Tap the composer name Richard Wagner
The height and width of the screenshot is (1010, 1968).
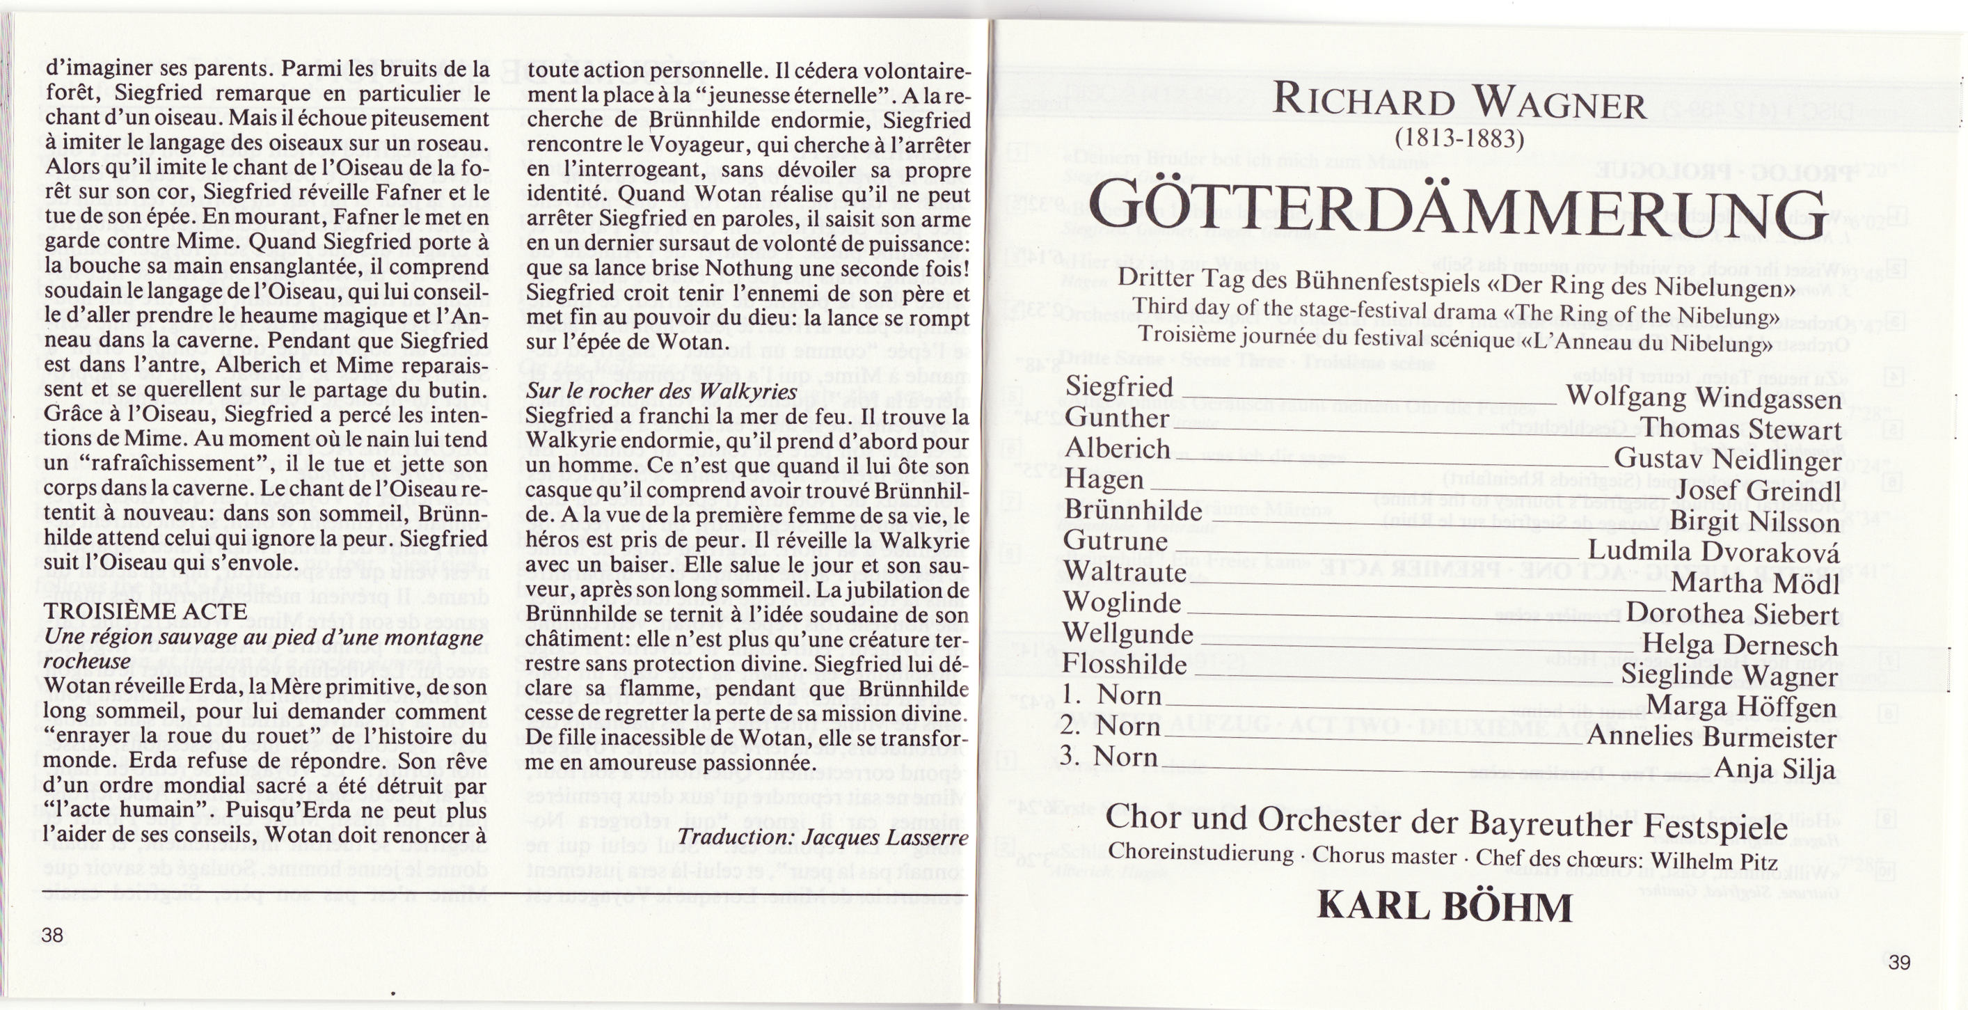point(1459,103)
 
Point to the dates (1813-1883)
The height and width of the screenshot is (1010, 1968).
point(1459,139)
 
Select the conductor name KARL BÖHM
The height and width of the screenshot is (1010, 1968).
point(1445,907)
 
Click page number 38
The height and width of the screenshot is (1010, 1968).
point(53,935)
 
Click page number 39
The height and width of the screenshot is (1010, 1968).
point(1900,963)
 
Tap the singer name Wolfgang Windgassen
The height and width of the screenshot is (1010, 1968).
point(1703,398)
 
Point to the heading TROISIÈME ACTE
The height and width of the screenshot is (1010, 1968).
point(145,612)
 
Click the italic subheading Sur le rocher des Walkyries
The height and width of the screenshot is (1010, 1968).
point(662,391)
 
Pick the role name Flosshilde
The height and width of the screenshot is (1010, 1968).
point(1124,664)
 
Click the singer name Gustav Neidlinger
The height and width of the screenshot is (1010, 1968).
point(1727,460)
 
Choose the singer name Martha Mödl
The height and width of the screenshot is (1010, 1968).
point(1755,584)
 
